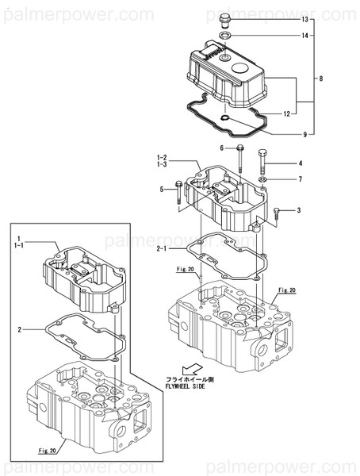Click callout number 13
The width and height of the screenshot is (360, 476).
pyautogui.click(x=304, y=17)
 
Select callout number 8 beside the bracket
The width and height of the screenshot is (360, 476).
pyautogui.click(x=321, y=78)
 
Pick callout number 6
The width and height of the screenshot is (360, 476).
pyautogui.click(x=222, y=148)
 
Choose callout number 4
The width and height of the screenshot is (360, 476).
pyautogui.click(x=301, y=164)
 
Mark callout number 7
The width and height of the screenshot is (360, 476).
pyautogui.click(x=301, y=180)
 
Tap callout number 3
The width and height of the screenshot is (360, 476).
pyautogui.click(x=299, y=210)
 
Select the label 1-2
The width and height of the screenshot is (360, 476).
pyautogui.click(x=161, y=157)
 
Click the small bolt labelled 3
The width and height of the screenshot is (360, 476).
pyautogui.click(x=277, y=211)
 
